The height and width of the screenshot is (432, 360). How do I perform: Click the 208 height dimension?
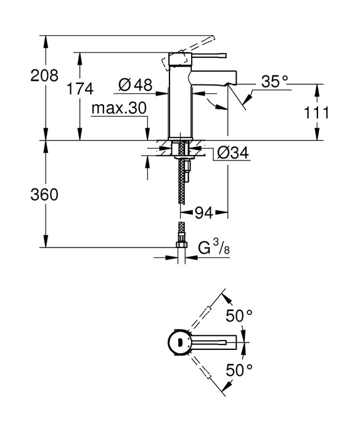(x=25, y=76)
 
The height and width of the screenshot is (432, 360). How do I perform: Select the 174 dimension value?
(x=80, y=88)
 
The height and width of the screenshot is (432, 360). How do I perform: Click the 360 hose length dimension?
(x=25, y=195)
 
